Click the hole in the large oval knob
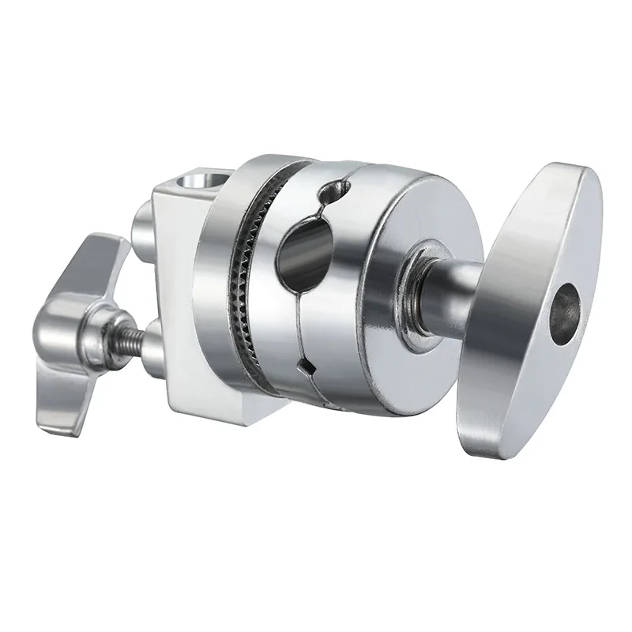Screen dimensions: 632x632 565,305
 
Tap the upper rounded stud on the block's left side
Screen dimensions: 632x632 144,226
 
